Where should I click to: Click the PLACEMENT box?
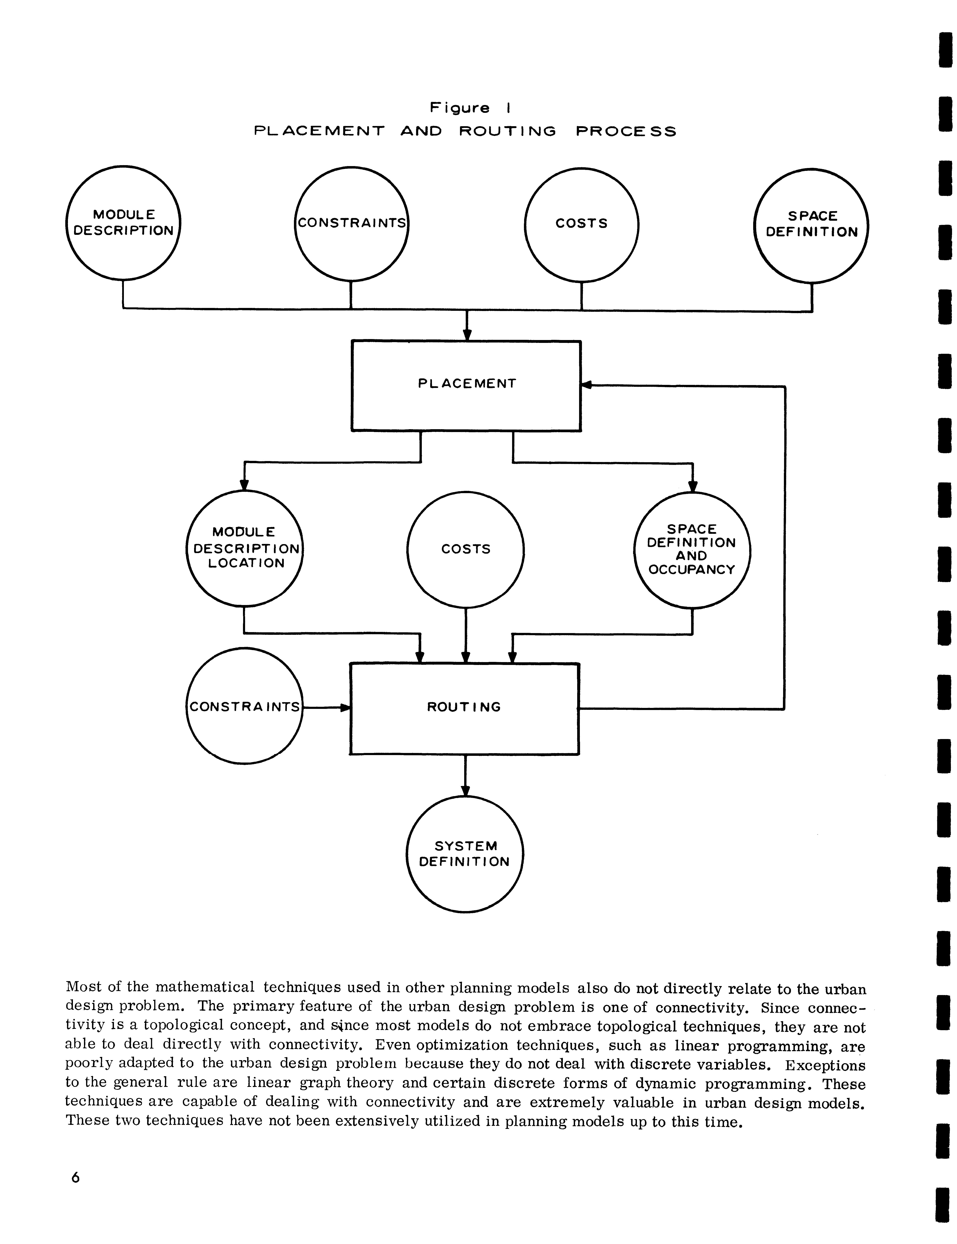pos(466,385)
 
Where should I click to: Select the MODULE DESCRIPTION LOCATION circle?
pos(245,548)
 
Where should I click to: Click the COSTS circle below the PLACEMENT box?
pos(466,549)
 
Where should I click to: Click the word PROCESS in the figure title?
pos(626,132)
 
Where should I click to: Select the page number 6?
pos(75,1177)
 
